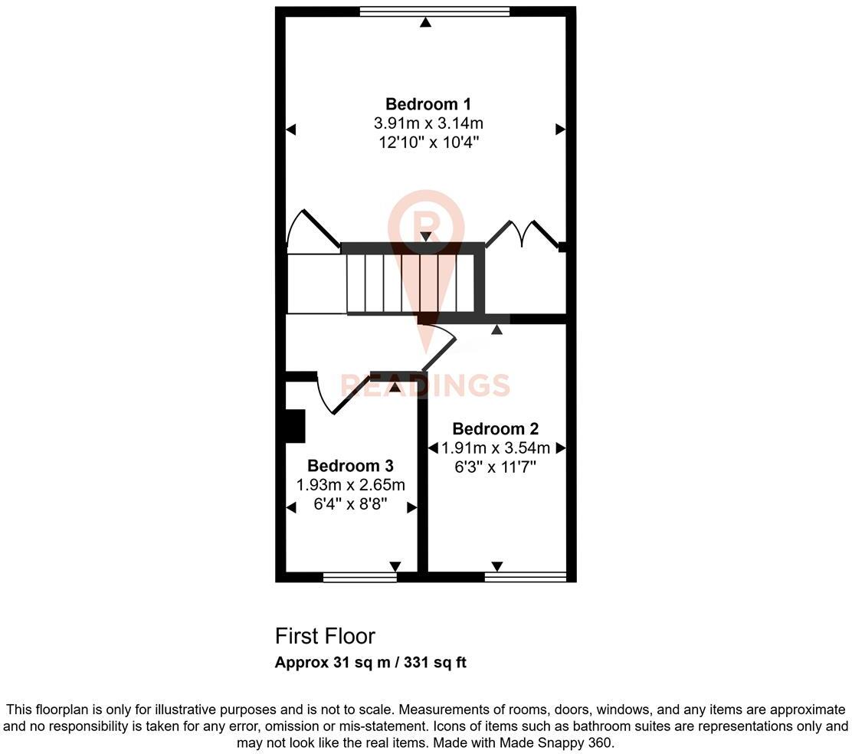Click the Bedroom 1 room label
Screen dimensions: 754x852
pos(428,104)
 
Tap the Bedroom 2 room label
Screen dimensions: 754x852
pos(496,428)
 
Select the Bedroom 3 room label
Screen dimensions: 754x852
pos(350,466)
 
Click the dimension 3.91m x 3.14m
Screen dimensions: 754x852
pos(428,123)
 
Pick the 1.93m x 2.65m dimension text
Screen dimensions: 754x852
pos(350,485)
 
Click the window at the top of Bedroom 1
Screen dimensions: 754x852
pos(434,11)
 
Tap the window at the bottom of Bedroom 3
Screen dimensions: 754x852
pos(359,577)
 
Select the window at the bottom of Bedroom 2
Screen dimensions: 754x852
pos(525,577)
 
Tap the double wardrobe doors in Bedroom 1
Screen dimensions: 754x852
pos(523,233)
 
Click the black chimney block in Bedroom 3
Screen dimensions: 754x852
pos(295,426)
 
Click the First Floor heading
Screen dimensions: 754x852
pos(325,636)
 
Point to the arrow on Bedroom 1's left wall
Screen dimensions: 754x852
pos(291,129)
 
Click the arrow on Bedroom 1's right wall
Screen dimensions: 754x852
pos(559,129)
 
